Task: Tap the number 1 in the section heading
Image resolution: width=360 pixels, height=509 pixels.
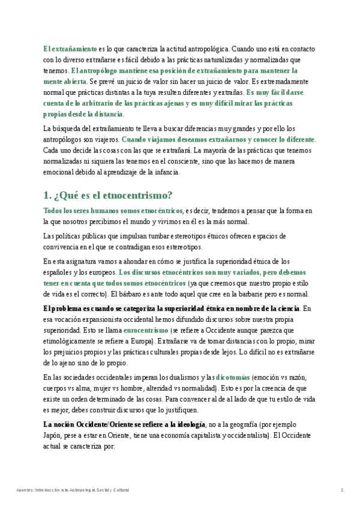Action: (46, 195)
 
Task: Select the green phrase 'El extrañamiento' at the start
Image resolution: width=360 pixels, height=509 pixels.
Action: (70, 49)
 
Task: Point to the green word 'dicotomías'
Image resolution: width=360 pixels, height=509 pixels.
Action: (232, 378)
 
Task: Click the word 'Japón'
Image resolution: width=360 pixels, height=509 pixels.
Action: (53, 436)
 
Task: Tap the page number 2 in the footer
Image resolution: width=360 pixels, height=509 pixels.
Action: (342, 490)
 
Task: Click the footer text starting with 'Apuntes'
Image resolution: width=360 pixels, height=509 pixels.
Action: (73, 490)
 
